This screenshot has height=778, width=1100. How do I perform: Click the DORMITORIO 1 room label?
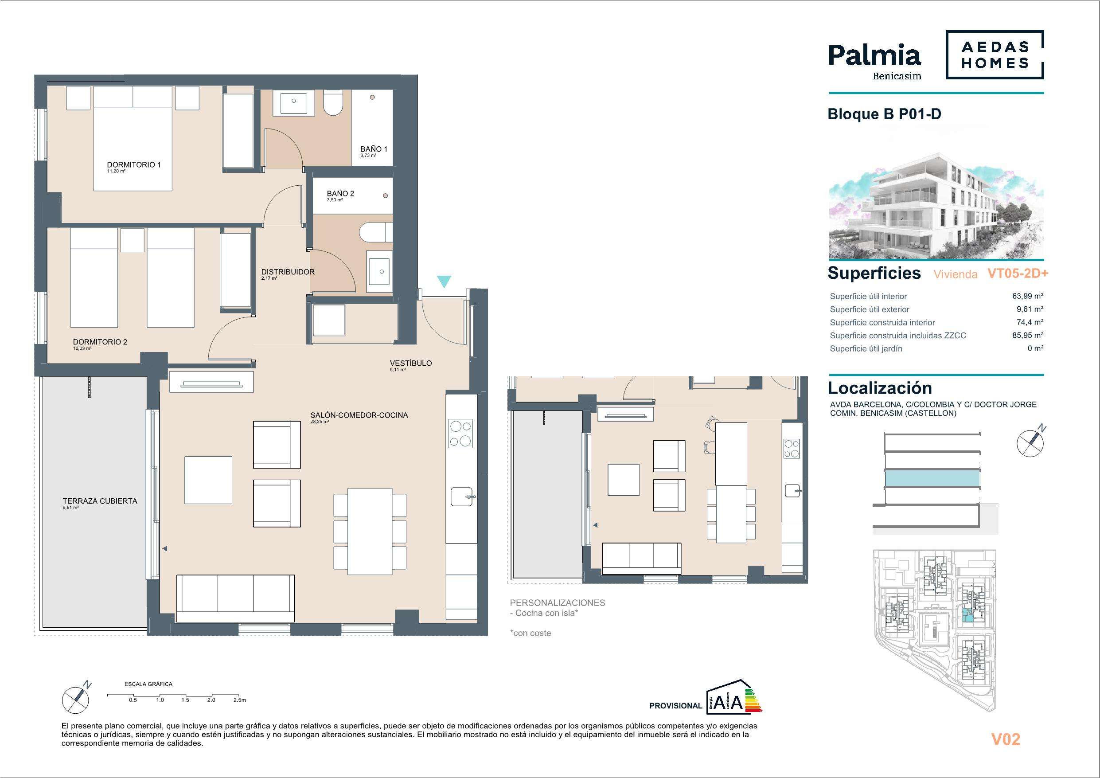click(134, 164)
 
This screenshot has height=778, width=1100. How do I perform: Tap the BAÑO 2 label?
click(340, 194)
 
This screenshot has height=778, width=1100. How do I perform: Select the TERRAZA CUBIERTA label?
click(100, 501)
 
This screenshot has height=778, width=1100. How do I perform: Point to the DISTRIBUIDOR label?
click(288, 272)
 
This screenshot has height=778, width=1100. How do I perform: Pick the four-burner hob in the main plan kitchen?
click(461, 434)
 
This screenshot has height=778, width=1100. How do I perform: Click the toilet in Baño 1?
click(332, 103)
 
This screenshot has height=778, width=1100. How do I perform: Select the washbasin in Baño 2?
click(380, 272)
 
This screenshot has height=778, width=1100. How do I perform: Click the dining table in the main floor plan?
click(370, 531)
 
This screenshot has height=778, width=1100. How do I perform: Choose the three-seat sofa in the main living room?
click(235, 599)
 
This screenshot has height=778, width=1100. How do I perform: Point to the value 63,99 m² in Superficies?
click(1028, 296)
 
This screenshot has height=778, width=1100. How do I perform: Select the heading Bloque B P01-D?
click(885, 114)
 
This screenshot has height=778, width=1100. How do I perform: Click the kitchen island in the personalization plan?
click(731, 454)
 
